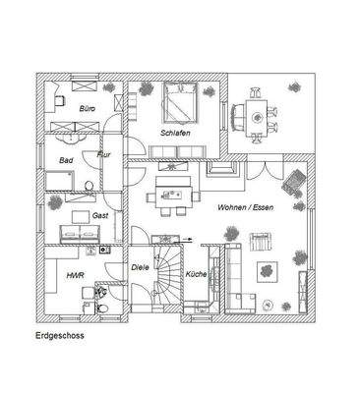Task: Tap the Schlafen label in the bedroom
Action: (x=175, y=133)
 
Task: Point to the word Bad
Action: (x=66, y=159)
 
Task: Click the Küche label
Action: (x=196, y=274)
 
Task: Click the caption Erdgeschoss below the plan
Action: (x=58, y=335)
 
